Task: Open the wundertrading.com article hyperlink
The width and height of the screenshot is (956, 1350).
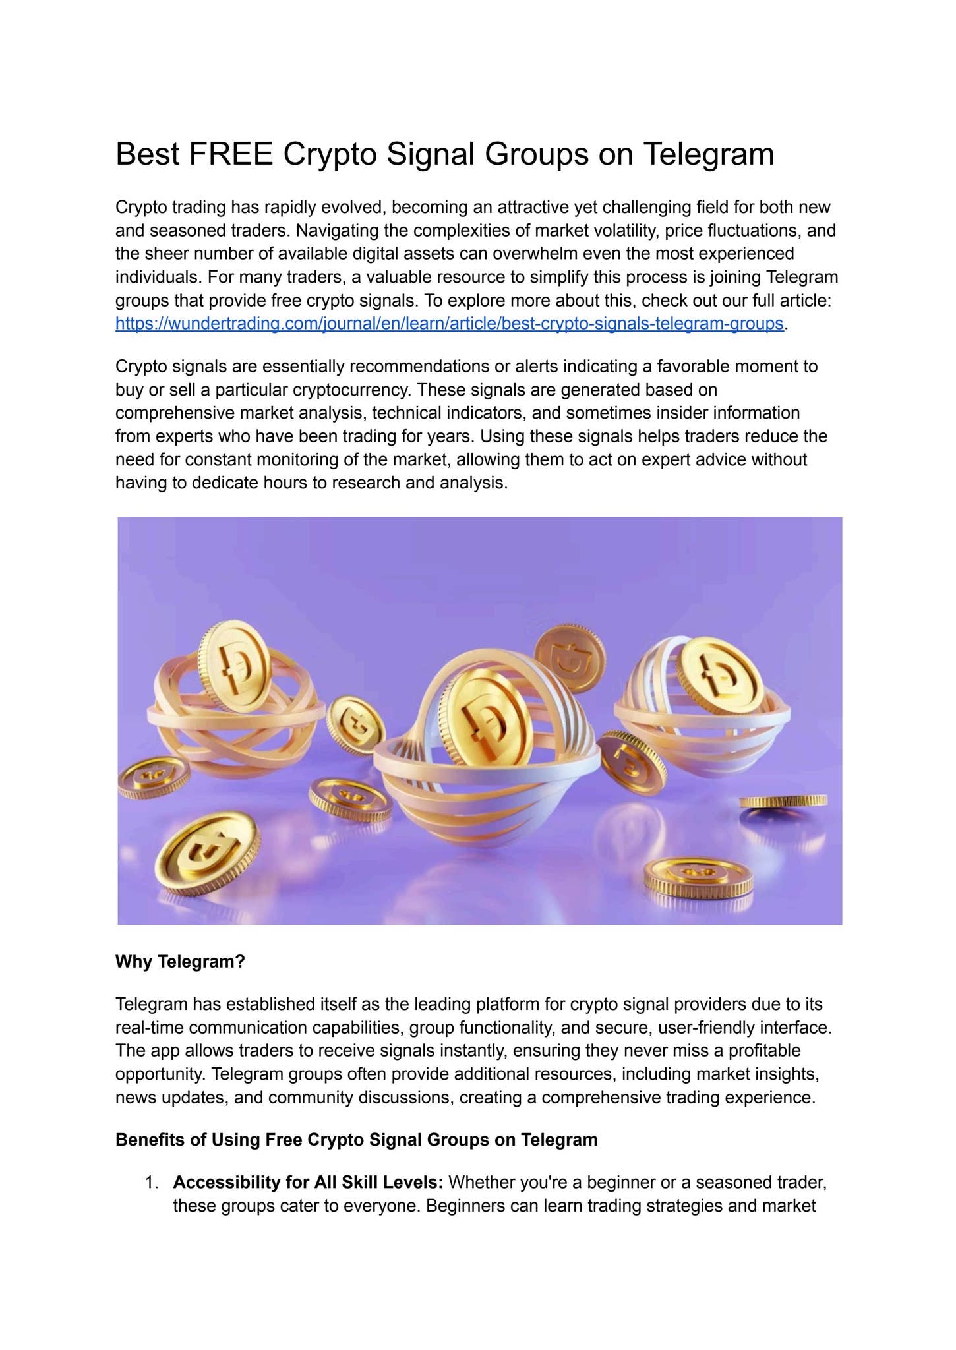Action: tap(449, 324)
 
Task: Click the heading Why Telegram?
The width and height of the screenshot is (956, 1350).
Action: tap(180, 962)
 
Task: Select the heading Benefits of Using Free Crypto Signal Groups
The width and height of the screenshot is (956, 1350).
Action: tap(356, 1140)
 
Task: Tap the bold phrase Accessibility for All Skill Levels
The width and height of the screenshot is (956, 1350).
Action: tap(308, 1183)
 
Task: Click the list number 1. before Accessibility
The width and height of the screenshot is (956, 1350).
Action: tap(152, 1183)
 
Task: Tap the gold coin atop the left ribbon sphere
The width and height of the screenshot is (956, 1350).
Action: tap(235, 666)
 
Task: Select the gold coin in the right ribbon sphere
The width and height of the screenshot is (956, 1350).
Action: tap(719, 676)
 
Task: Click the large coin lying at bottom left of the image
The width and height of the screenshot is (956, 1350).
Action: tap(206, 851)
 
